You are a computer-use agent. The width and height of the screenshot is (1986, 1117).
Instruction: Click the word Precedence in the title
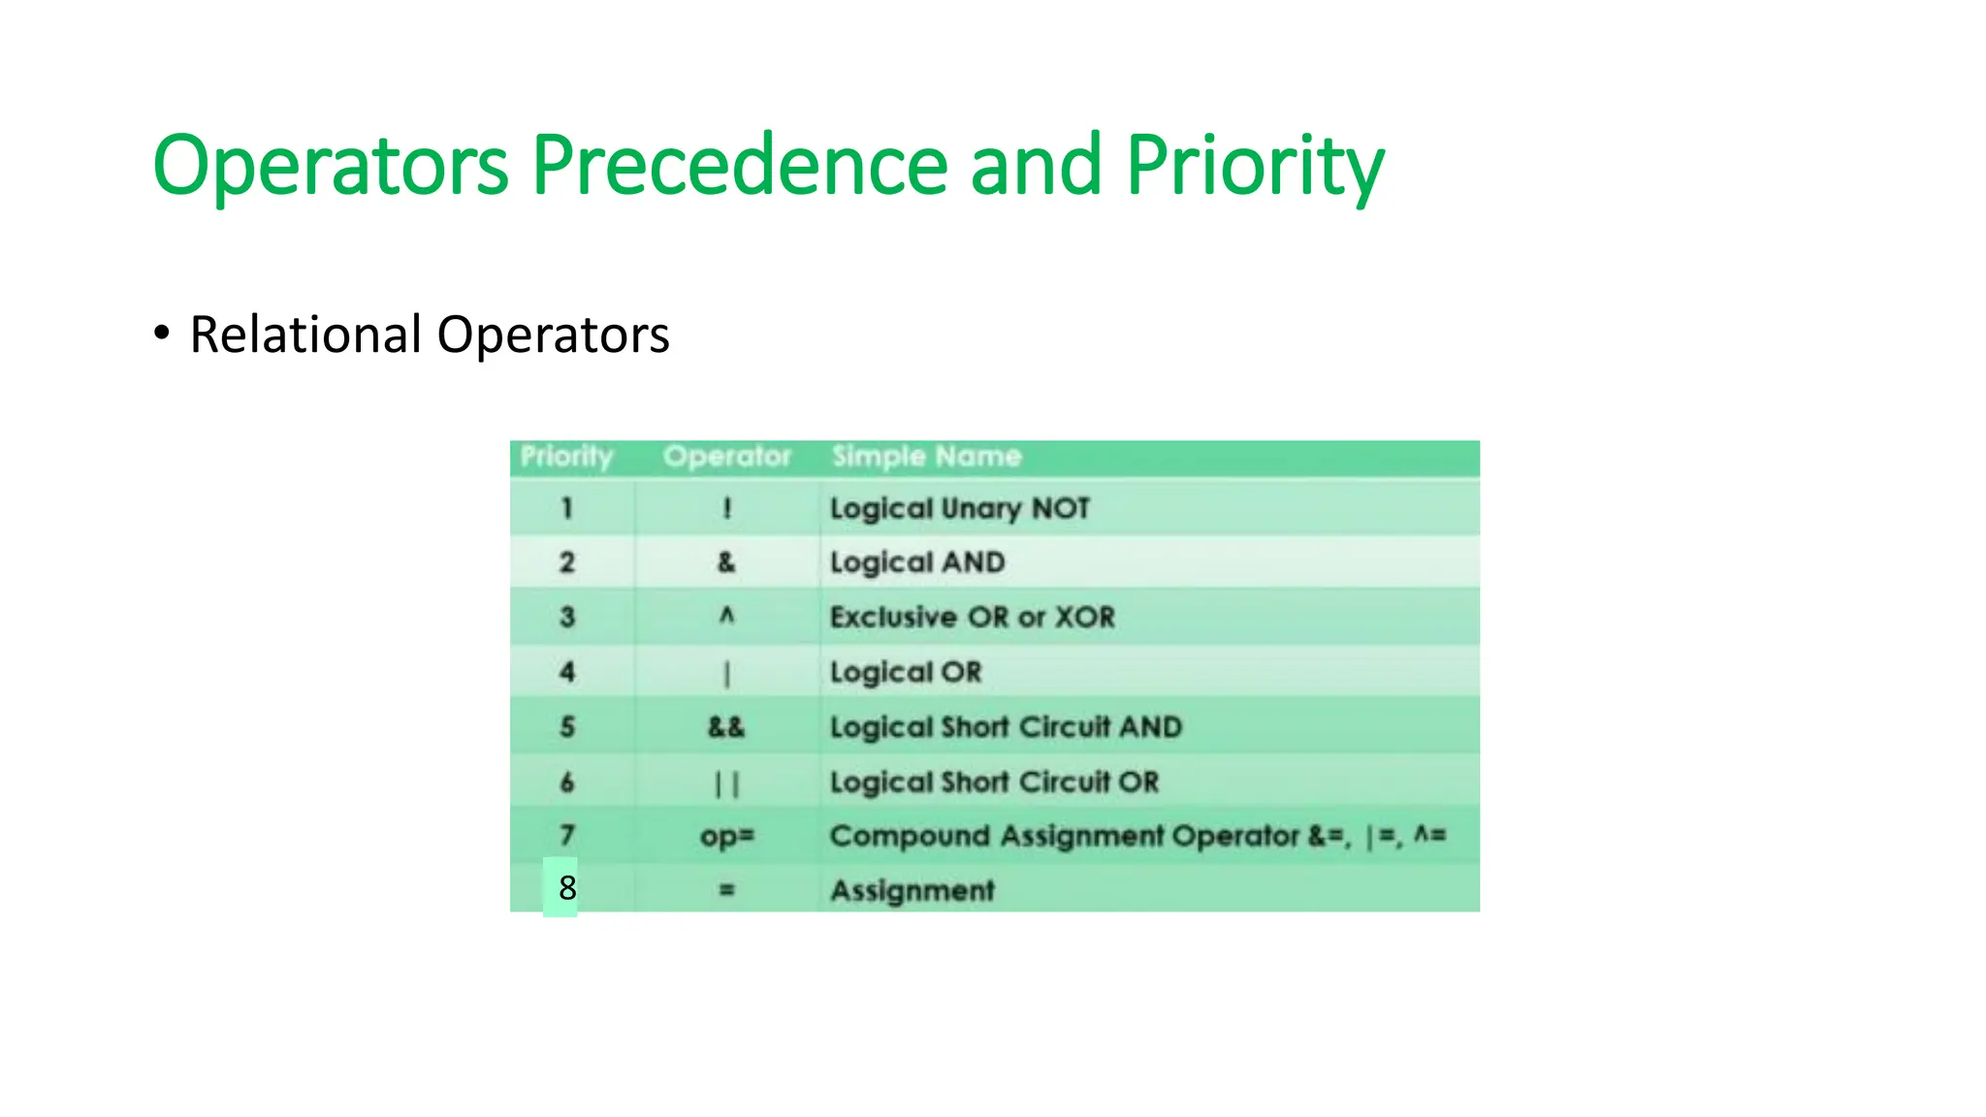[740, 165]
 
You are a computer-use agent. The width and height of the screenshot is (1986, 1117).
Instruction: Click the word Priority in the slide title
[1254, 165]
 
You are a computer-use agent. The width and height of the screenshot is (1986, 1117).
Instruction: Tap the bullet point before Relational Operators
[162, 333]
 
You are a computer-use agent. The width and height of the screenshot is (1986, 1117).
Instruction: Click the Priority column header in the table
[566, 457]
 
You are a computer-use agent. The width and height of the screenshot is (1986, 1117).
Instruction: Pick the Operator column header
[727, 457]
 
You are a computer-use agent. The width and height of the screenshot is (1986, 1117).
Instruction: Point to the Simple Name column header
[926, 457]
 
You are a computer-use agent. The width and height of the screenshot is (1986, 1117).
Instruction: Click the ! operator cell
[727, 508]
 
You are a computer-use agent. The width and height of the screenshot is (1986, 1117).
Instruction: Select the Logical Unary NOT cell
[959, 508]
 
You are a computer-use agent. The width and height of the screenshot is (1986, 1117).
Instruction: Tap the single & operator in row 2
[726, 562]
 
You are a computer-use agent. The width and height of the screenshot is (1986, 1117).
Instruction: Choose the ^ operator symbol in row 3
[726, 616]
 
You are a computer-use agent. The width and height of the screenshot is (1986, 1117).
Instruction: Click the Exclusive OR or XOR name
[972, 617]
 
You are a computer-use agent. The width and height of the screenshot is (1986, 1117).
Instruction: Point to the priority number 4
[567, 671]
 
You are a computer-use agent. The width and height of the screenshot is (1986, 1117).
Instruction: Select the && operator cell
[726, 727]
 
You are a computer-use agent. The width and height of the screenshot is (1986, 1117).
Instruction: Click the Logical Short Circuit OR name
[994, 782]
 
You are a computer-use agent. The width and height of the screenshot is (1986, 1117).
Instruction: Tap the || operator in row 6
[726, 783]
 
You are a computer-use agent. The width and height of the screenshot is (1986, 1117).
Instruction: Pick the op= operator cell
[727, 836]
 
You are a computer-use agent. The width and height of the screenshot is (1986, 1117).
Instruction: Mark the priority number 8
[567, 887]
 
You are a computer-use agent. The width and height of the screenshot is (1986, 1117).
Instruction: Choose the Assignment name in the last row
[912, 890]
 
